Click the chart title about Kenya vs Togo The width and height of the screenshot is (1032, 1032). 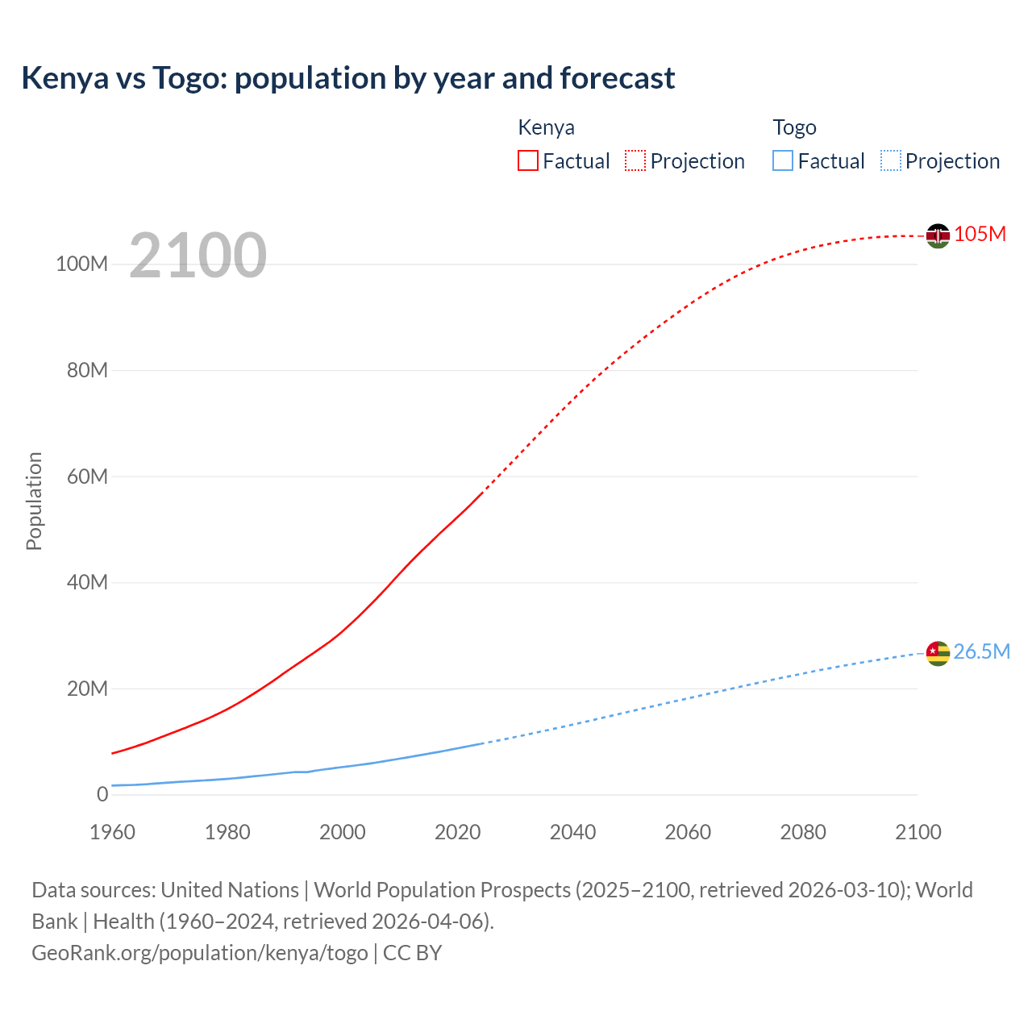pos(347,78)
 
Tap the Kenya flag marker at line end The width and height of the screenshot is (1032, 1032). pos(938,235)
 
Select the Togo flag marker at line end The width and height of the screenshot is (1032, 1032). pos(938,653)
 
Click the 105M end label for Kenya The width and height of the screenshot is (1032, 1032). pos(980,234)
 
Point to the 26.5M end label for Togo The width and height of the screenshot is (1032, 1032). pos(981,651)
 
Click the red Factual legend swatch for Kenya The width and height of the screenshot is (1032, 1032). pos(527,160)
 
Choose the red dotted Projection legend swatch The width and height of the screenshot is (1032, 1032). pos(635,160)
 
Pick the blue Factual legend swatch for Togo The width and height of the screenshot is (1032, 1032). pos(782,160)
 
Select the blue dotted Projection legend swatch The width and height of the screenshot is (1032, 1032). pos(891,160)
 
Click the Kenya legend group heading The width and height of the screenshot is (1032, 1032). pos(546,127)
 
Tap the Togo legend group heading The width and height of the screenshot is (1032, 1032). pos(794,127)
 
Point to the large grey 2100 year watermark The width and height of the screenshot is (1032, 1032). pos(198,255)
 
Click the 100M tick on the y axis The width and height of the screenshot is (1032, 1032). pos(81,264)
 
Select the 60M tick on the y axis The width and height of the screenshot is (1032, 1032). pos(87,476)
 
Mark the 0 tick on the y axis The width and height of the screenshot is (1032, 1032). pos(102,794)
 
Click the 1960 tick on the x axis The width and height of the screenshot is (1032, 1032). pos(112,832)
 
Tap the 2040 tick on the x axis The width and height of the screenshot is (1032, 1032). pos(572,832)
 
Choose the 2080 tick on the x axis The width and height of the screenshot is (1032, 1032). pos(803,832)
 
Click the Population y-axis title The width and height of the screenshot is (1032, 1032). pos(34,501)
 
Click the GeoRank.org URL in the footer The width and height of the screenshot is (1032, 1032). pos(199,952)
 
